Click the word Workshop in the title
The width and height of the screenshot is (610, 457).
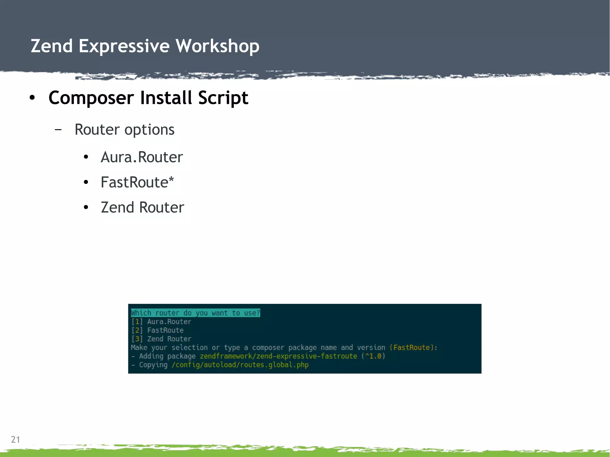pos(217,46)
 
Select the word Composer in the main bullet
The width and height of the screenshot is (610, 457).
pos(91,98)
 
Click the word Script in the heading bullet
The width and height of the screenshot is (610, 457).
pos(223,98)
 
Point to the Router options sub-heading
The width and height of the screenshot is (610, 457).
pos(124,130)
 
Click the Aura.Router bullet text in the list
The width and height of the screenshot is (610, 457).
pos(142,157)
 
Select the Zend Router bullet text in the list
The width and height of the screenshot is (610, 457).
pos(142,208)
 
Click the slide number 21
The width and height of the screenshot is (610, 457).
pos(15,439)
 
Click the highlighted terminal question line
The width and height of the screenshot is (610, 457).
pos(195,313)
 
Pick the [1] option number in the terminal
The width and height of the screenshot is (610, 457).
pos(137,322)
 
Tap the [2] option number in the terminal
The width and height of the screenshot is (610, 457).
pos(137,330)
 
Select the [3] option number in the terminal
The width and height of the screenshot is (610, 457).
pos(137,339)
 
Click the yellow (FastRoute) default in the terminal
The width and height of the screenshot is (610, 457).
pos(411,347)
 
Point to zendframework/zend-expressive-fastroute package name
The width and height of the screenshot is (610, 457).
pos(278,356)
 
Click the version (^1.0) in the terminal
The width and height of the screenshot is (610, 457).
pos(374,356)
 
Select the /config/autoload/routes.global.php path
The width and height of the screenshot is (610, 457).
pos(240,365)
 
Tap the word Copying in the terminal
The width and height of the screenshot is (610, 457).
pos(153,365)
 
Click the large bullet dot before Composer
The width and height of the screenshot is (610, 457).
pos(32,98)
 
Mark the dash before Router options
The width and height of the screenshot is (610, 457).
pos(58,130)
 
